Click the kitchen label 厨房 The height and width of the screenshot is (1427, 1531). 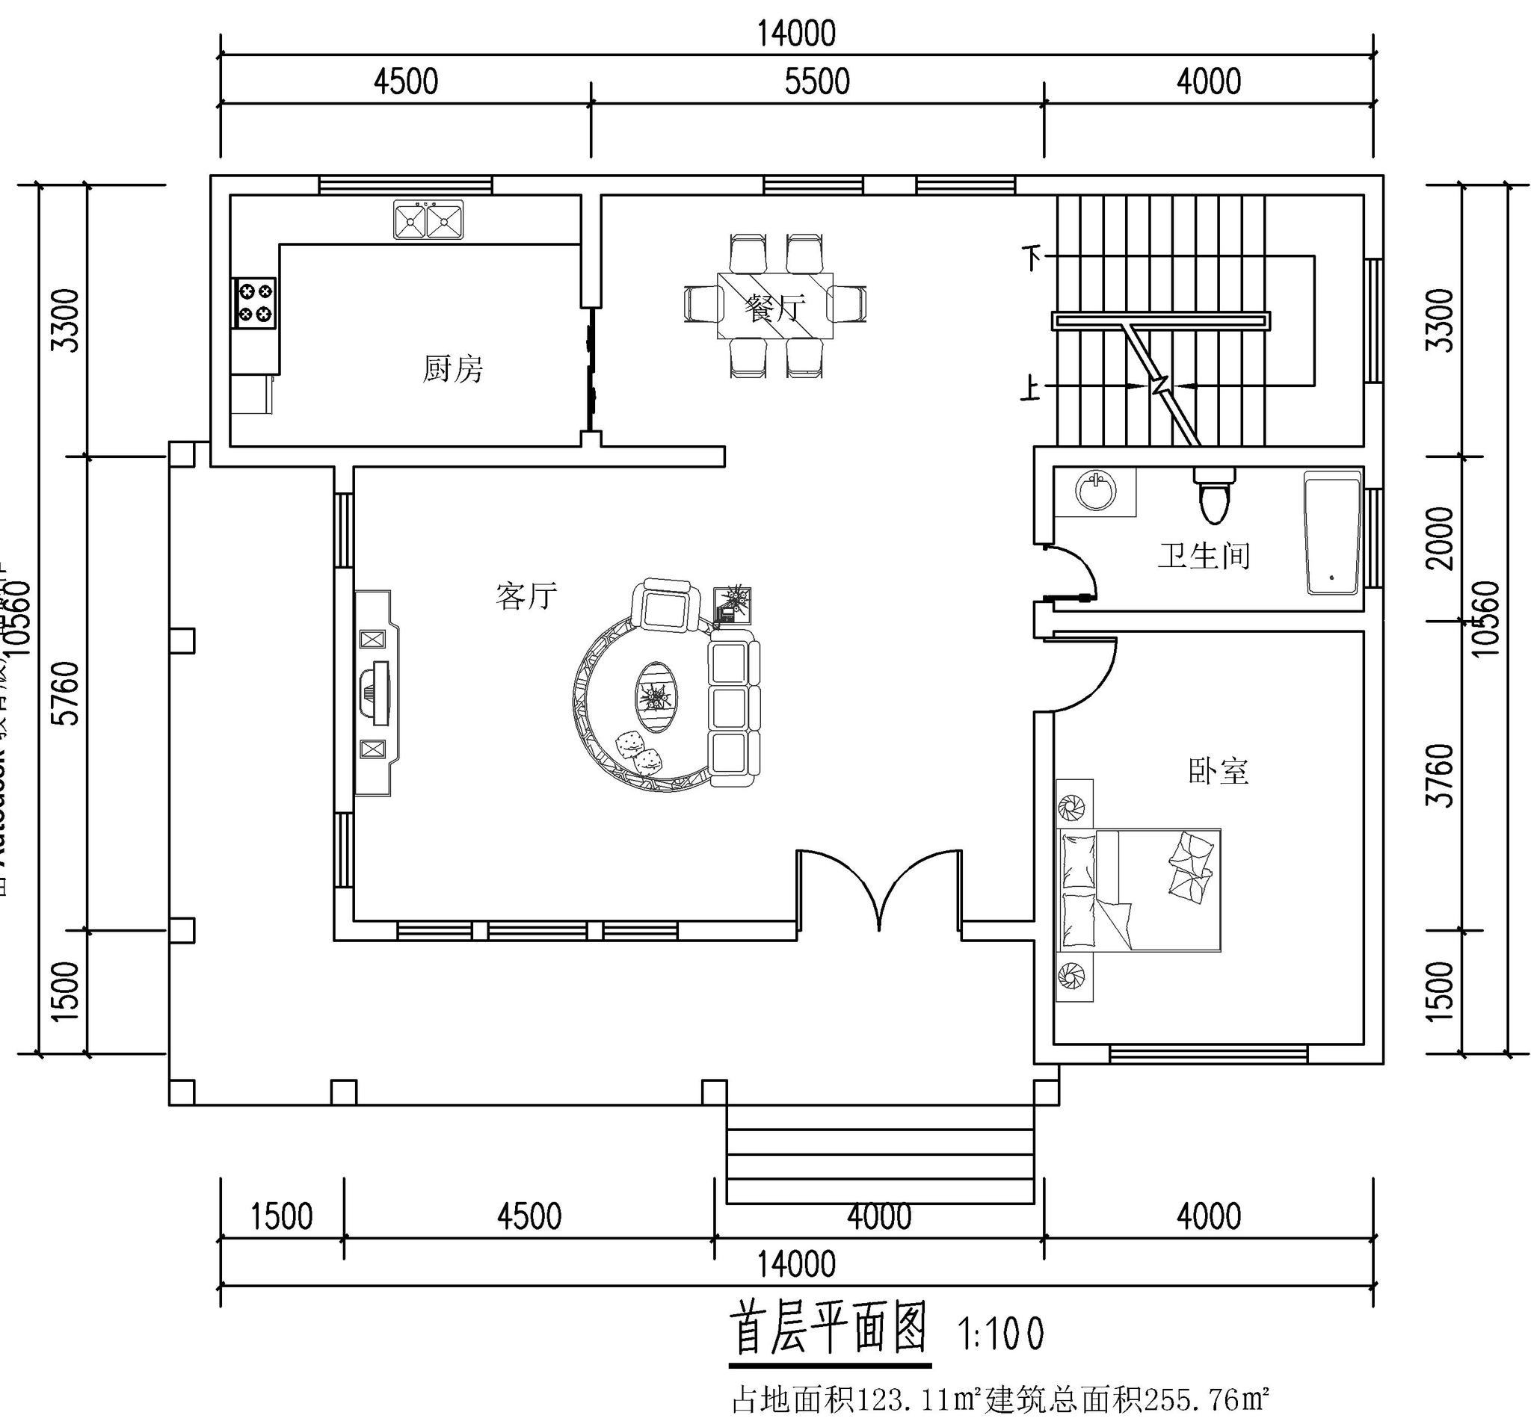pos(453,369)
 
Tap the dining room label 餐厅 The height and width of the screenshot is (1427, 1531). pos(774,308)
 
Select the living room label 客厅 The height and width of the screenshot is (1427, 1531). pos(526,595)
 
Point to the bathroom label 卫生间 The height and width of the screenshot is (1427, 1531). pos(1204,555)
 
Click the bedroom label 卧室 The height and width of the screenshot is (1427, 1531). pos(1218,770)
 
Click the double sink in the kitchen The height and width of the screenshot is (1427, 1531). pos(428,220)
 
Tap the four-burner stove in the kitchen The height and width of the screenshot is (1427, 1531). pos(255,303)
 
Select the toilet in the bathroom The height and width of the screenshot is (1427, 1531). pos(1215,495)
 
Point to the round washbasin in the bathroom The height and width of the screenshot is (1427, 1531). pos(1095,490)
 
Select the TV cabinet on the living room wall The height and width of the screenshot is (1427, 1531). pos(377,693)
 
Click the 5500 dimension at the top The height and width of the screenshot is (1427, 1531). pos(817,81)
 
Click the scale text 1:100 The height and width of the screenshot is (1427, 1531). pos(1000,1334)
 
